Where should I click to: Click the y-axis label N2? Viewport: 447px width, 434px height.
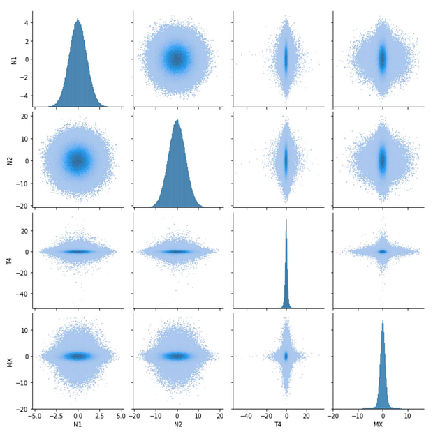(x=10, y=160)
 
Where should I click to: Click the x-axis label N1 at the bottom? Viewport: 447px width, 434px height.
(x=78, y=425)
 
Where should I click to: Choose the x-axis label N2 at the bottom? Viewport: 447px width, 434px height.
(x=177, y=425)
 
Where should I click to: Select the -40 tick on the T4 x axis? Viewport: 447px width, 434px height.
(x=246, y=415)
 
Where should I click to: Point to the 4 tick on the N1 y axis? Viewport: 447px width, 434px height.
(x=27, y=22)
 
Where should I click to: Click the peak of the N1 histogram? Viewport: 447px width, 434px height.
(x=78, y=20)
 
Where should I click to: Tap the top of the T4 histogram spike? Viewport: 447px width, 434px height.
(x=286, y=220)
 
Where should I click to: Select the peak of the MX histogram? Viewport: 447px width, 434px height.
(x=382, y=321)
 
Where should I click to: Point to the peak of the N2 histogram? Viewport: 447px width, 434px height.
(x=177, y=120)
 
